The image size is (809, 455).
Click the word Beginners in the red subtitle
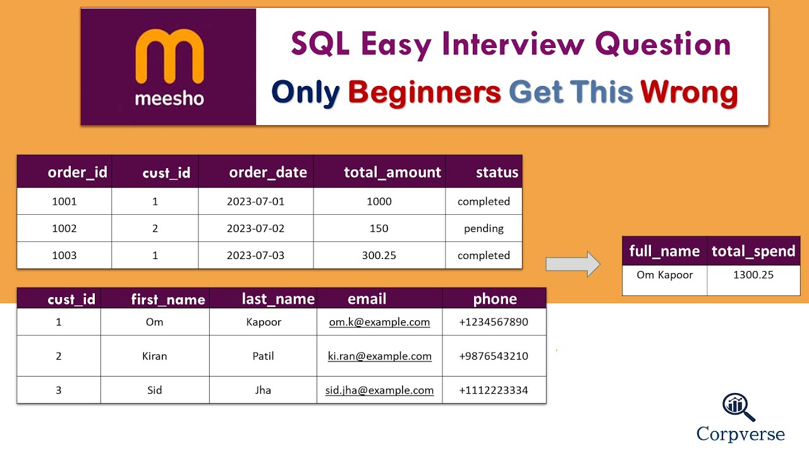tap(424, 92)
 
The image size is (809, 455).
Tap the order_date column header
tap(267, 173)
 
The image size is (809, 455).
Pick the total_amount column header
tap(392, 173)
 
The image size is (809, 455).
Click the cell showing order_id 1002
tap(64, 228)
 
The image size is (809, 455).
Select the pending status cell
tap(484, 228)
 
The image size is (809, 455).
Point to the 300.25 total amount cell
tap(379, 255)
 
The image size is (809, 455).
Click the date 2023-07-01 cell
tap(255, 202)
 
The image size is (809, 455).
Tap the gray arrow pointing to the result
tap(573, 264)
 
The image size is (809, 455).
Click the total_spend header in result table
tap(753, 251)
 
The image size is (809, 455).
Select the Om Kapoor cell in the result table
tap(664, 275)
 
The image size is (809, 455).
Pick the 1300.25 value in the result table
tap(753, 275)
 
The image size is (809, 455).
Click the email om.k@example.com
tap(379, 322)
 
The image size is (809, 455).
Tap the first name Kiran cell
tap(154, 356)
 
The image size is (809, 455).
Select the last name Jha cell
tap(262, 390)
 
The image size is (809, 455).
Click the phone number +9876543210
tap(493, 356)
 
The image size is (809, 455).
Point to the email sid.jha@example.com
tap(379, 391)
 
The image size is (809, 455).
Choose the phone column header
tap(495, 299)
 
